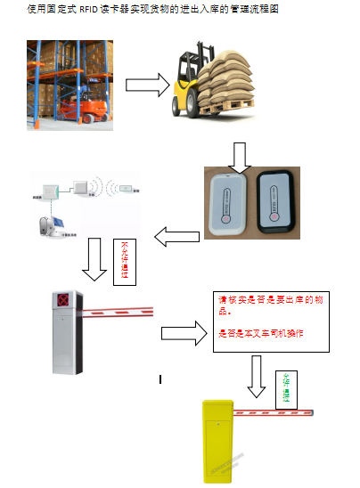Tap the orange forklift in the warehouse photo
click(x=83, y=110)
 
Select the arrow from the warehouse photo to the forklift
click(x=147, y=85)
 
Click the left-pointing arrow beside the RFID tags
click(x=177, y=236)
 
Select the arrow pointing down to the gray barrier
click(x=94, y=260)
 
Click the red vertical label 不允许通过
click(x=125, y=261)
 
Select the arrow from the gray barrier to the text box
click(x=184, y=333)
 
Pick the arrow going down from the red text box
click(x=257, y=377)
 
